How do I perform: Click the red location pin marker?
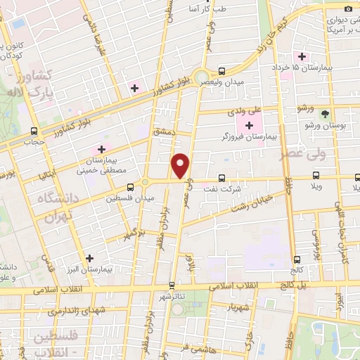click(181, 166)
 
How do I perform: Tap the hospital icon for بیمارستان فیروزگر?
click(250, 125)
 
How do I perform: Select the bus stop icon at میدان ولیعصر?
click(222, 71)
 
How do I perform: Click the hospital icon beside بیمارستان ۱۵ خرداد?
click(302, 56)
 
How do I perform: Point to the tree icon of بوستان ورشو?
click(324, 113)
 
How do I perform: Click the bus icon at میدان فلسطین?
click(130, 187)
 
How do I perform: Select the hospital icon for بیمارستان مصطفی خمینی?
click(101, 149)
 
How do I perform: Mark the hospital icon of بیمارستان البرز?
click(89, 257)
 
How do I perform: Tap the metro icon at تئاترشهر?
click(172, 285)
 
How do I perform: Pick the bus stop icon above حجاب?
click(34, 130)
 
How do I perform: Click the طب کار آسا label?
click(211, 9)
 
